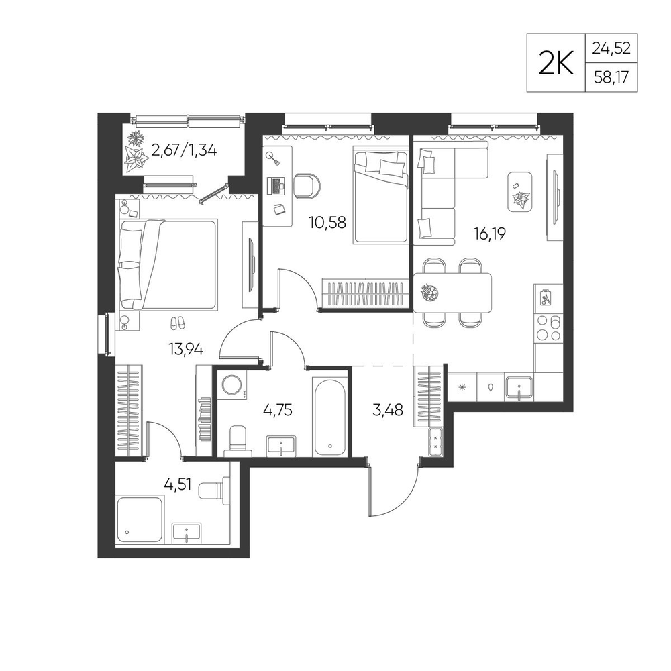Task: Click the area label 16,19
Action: (x=490, y=234)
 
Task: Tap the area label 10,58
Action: (x=328, y=222)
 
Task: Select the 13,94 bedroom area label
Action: (x=186, y=350)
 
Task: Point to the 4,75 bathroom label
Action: (x=278, y=410)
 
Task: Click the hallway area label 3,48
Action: (x=388, y=410)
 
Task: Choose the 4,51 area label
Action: (x=178, y=485)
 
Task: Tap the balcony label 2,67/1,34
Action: (x=184, y=150)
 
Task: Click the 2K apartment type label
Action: (x=556, y=62)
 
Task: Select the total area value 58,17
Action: (x=611, y=78)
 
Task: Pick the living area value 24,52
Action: (x=611, y=48)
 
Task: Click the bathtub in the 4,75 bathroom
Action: (x=329, y=417)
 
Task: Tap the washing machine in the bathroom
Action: (x=231, y=384)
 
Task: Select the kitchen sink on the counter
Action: (x=519, y=388)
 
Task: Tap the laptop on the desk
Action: (x=276, y=185)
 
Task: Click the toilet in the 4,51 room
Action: (x=215, y=488)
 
